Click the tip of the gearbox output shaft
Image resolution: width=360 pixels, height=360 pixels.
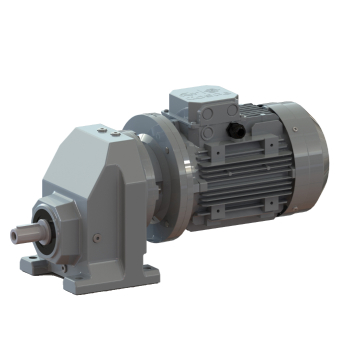[x=15, y=237]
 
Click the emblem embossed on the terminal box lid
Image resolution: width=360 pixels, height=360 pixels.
[x=206, y=96]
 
